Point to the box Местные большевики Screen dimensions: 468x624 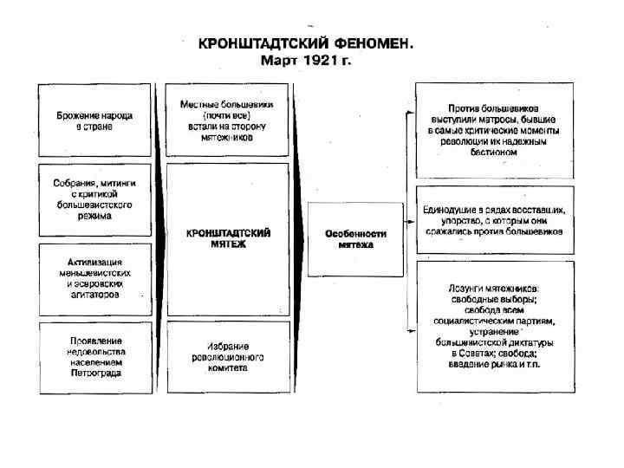pyautogui.click(x=228, y=120)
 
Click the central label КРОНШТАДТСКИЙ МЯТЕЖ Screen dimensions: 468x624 pyautogui.click(x=228, y=238)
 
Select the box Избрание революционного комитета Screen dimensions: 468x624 pyautogui.click(x=228, y=356)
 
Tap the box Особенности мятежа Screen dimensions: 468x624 pyautogui.click(x=355, y=239)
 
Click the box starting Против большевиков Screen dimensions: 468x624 pyautogui.click(x=495, y=130)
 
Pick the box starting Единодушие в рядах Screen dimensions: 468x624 pyautogui.click(x=495, y=220)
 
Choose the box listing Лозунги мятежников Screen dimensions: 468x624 pyautogui.click(x=495, y=326)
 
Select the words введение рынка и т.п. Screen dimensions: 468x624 pyautogui.click(x=495, y=362)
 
